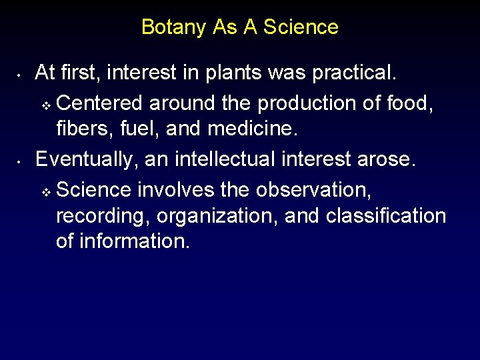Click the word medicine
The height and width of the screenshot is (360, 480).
(x=257, y=129)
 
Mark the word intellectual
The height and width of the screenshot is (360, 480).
(x=218, y=159)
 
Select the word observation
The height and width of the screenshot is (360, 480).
(x=313, y=190)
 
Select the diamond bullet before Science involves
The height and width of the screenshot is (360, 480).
(x=45, y=191)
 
